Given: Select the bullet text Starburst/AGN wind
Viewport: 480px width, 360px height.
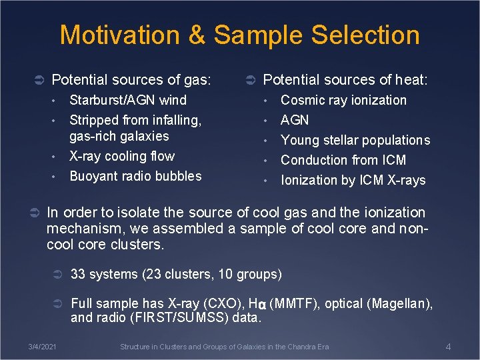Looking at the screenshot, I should pos(128,101).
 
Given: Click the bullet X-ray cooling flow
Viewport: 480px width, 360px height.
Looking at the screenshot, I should pos(122,157).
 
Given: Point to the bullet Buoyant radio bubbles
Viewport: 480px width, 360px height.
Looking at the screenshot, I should pos(135,177).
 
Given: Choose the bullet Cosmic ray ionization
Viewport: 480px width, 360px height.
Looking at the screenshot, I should pos(343,101).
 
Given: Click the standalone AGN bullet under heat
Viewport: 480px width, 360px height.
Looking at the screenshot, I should pos(295,121).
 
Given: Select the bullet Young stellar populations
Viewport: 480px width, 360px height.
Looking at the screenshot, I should pos(355,141).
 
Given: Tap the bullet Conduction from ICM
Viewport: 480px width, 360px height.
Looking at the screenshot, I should pos(343,161).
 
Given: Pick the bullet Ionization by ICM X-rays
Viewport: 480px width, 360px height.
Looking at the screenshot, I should pos(353,181).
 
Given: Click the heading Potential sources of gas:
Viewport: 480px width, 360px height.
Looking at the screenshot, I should pos(131,81).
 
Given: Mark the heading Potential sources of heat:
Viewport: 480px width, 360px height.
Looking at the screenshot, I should pos(345,81).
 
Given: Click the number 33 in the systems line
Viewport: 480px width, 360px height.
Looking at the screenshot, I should pos(78,275).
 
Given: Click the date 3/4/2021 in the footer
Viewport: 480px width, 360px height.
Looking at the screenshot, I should pos(42,347).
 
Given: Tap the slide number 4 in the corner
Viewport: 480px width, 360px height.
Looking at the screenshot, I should pos(449,347).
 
